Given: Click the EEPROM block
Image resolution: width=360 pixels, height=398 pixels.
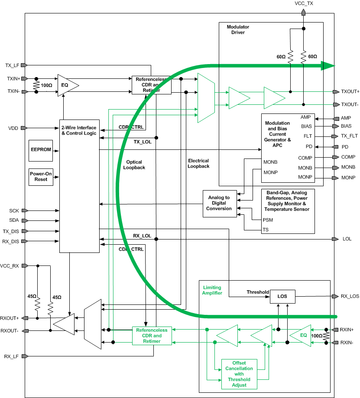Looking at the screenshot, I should click(41, 149).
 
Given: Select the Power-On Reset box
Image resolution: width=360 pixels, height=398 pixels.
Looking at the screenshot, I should click(41, 177).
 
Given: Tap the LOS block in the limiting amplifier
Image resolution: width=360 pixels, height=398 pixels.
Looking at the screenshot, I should click(282, 297).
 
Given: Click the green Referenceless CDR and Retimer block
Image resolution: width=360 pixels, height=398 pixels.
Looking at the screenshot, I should click(152, 336).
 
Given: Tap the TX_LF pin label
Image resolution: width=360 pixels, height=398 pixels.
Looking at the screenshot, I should click(11, 65).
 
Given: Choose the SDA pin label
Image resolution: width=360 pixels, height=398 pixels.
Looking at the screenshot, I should click(14, 220).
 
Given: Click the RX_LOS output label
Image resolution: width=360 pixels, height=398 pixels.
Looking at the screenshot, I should click(350, 297).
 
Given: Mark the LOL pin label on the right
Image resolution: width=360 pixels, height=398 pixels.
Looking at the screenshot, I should click(347, 239).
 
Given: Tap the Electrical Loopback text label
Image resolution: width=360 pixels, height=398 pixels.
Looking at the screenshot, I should click(199, 163).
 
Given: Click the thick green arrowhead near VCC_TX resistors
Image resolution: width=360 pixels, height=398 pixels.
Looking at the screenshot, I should click(328, 66).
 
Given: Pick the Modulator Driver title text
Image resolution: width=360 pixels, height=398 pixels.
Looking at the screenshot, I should click(238, 29).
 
